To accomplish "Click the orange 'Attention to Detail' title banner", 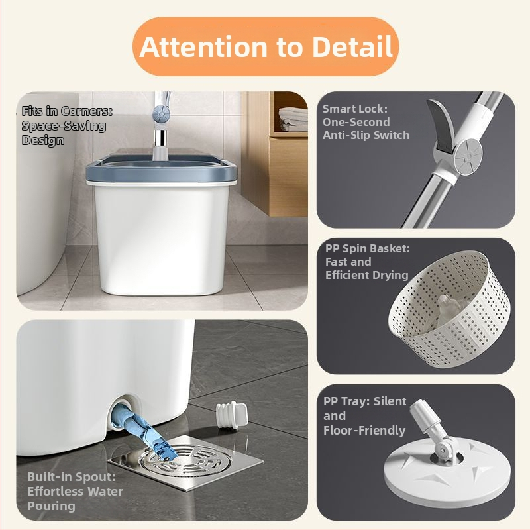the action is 266,46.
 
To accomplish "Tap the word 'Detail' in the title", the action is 352,46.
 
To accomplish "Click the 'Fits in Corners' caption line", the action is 67,111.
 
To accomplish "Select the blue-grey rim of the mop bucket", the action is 161,168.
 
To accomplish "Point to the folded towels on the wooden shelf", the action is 293,119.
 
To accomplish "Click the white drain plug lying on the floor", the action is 232,416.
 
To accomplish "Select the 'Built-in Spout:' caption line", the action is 72,476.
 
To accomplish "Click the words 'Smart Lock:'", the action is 355,109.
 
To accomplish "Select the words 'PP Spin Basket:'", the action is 368,249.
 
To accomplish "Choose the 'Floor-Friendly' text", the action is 364,430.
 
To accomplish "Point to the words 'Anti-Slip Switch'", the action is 366,135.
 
